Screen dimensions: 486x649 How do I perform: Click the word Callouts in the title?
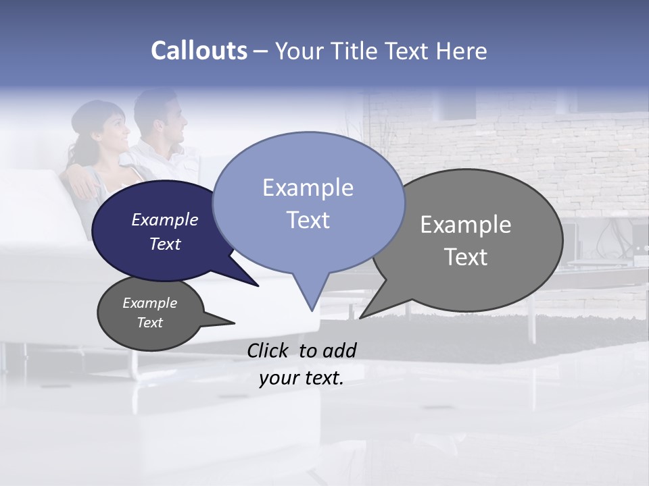199,51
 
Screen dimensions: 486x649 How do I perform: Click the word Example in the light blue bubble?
308,188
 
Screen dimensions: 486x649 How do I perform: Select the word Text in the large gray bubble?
466,256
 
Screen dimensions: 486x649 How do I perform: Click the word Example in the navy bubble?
164,219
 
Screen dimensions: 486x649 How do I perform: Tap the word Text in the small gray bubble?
149,323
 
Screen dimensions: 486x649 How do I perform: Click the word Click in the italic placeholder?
269,350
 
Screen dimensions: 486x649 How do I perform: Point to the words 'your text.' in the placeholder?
302,378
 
